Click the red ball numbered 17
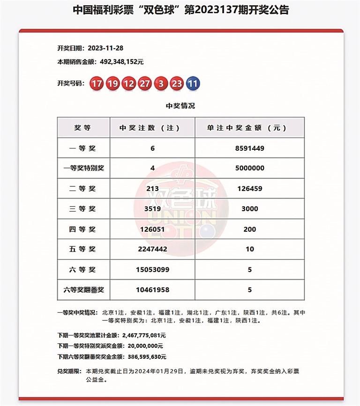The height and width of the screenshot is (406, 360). click(x=97, y=84)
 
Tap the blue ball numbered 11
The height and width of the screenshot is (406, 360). click(x=193, y=84)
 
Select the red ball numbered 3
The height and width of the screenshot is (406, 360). click(x=161, y=84)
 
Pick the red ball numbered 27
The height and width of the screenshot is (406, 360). click(x=145, y=84)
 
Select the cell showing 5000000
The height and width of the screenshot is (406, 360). click(x=249, y=168)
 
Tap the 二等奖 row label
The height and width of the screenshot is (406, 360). click(x=83, y=189)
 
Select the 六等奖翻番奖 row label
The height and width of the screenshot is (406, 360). click(x=83, y=290)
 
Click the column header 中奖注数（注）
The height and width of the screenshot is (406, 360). click(x=152, y=127)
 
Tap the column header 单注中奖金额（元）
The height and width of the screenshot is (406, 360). click(x=249, y=127)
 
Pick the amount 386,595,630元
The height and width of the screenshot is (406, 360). click(x=145, y=356)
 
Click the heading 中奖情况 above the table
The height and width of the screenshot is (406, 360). click(x=180, y=106)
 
